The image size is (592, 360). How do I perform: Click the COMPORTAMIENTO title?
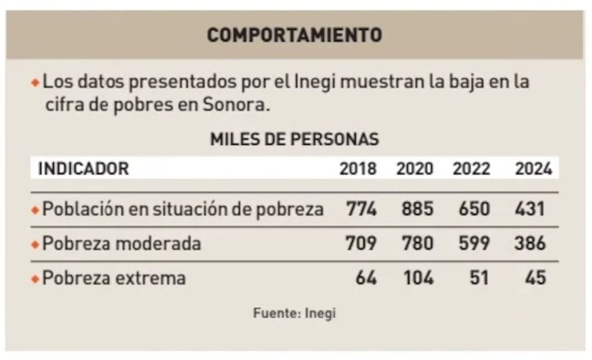tap(294, 35)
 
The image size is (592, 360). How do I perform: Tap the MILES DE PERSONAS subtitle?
tap(294, 139)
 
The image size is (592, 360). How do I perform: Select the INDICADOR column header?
tap(83, 169)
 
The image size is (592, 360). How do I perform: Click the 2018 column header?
tap(358, 169)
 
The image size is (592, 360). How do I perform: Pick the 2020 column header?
tap(415, 169)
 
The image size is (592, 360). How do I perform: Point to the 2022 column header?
tap(471, 169)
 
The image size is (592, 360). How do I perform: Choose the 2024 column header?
tap(534, 169)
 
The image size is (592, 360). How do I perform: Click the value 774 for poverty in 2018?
tap(361, 209)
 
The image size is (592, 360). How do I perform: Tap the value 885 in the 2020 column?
tap(417, 209)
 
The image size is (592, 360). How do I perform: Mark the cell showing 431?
tap(530, 209)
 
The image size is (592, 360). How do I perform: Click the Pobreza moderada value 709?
tap(361, 243)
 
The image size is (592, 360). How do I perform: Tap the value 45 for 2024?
tap(536, 278)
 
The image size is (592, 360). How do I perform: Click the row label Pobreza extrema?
tap(114, 279)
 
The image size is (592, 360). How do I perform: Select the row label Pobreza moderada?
tap(121, 244)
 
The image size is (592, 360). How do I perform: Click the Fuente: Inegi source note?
tap(294, 314)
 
